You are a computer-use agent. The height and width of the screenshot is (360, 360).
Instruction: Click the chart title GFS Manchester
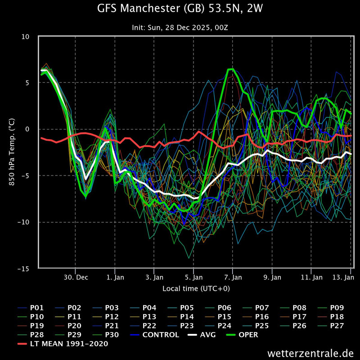click(x=180, y=9)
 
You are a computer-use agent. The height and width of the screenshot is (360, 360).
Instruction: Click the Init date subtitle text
click(x=180, y=28)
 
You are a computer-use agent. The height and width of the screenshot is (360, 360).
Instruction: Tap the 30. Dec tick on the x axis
click(x=75, y=278)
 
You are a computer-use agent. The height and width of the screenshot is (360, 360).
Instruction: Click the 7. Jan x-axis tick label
click(x=233, y=278)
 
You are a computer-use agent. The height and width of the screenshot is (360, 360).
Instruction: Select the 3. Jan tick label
click(x=154, y=278)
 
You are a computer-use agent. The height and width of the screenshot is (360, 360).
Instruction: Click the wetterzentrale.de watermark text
click(x=310, y=352)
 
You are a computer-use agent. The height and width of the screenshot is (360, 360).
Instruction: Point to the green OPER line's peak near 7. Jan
click(x=230, y=69)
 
